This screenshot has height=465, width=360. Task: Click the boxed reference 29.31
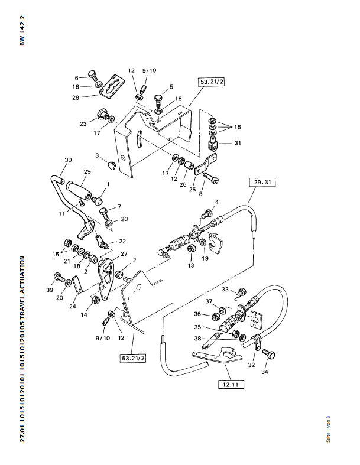pos(262,182)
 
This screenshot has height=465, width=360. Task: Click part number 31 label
pos(237,142)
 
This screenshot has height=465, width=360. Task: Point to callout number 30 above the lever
pos(67,160)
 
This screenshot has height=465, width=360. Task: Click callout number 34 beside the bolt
pos(264,373)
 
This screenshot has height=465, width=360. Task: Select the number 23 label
pos(83,124)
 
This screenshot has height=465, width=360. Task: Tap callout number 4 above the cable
pos(216,203)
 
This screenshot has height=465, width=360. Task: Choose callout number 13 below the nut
pos(191,266)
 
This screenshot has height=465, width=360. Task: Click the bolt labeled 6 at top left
pos(93,74)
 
